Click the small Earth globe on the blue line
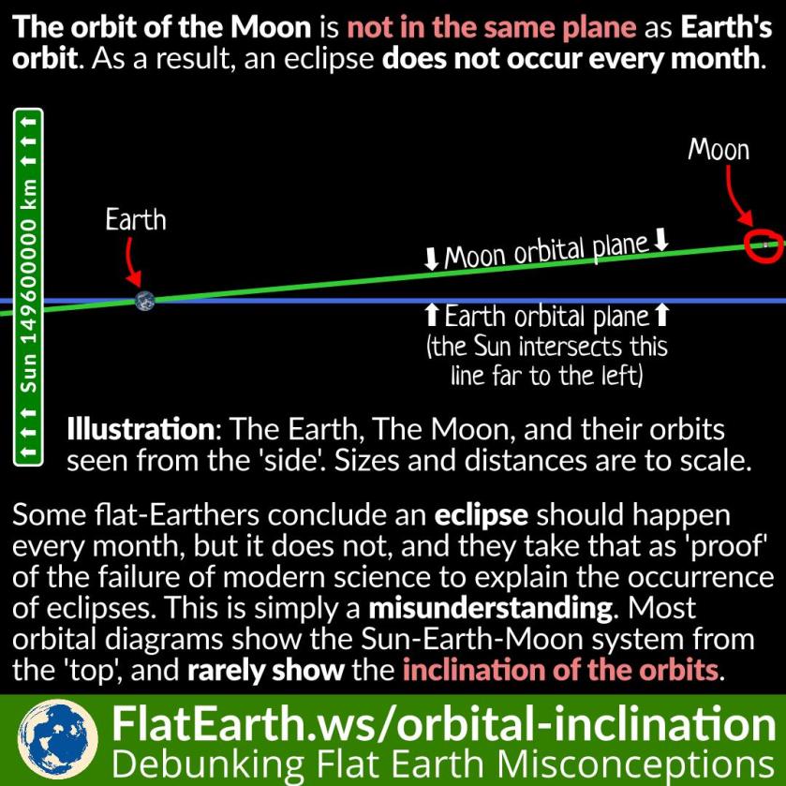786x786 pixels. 145,301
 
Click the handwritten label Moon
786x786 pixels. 719,149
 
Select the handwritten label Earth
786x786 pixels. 135,219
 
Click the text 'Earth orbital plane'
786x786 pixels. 547,318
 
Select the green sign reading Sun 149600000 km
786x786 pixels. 28,288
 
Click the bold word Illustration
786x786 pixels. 141,429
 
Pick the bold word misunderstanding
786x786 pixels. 490,608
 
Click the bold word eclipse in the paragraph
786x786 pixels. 482,516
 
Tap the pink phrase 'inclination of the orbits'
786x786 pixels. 560,670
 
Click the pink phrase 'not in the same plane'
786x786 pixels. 492,27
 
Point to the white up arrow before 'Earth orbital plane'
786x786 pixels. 432,316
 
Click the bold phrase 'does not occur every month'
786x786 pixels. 571,59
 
